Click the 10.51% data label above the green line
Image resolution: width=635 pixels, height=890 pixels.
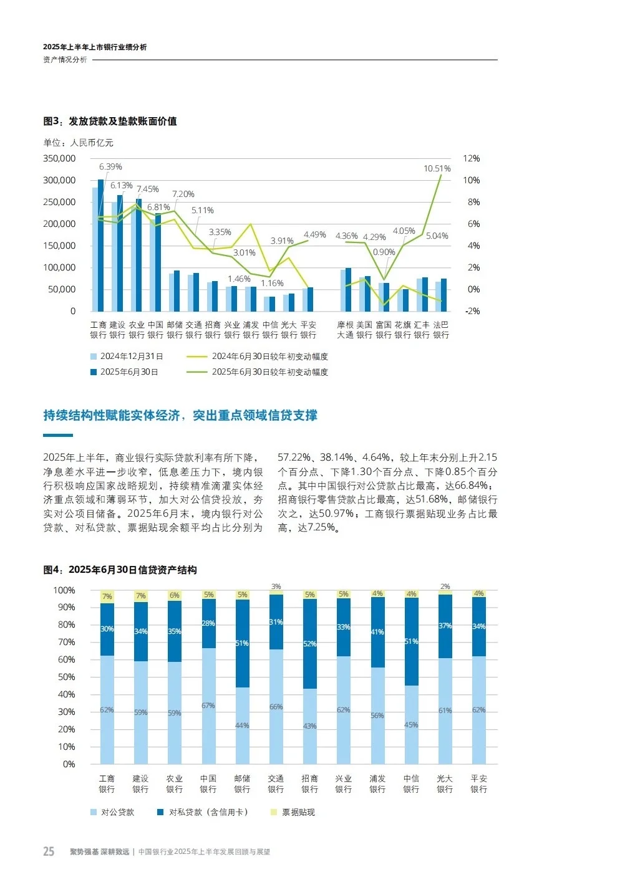point(437,169)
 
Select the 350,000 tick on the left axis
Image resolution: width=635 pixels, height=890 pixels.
point(59,159)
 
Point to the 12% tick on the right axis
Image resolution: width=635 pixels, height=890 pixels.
point(472,159)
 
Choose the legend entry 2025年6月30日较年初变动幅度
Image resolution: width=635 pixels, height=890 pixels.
point(269,372)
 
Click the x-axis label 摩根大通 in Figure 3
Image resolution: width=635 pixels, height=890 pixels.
point(345,330)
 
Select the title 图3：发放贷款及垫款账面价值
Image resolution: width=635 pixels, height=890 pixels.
point(110,122)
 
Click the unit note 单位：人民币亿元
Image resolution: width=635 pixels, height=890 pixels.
point(79,143)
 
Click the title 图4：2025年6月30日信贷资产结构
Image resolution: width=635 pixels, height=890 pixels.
point(120,570)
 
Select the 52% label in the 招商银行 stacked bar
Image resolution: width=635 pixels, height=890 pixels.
point(309,644)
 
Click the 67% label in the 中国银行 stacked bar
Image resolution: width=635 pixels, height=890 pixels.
point(208,706)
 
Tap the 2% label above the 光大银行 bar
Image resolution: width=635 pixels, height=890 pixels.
point(445,586)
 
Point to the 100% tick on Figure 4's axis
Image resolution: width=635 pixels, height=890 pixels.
point(64,590)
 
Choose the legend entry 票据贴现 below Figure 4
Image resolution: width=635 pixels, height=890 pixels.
point(298,812)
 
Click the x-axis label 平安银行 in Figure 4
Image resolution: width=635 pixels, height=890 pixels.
point(478,783)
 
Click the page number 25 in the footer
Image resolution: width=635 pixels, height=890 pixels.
point(49,851)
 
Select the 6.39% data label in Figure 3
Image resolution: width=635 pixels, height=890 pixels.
point(110,167)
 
